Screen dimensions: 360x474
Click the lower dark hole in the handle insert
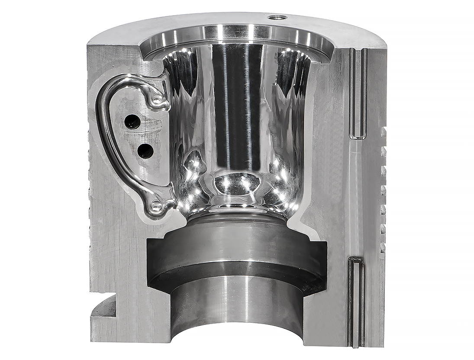pos(144,151)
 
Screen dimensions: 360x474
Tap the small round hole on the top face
pos(277,17)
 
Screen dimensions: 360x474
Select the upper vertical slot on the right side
pos(358,93)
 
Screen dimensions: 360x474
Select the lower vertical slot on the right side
pos(356,301)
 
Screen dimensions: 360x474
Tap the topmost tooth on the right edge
pos(384,130)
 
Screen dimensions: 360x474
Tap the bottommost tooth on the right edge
pos(383,248)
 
